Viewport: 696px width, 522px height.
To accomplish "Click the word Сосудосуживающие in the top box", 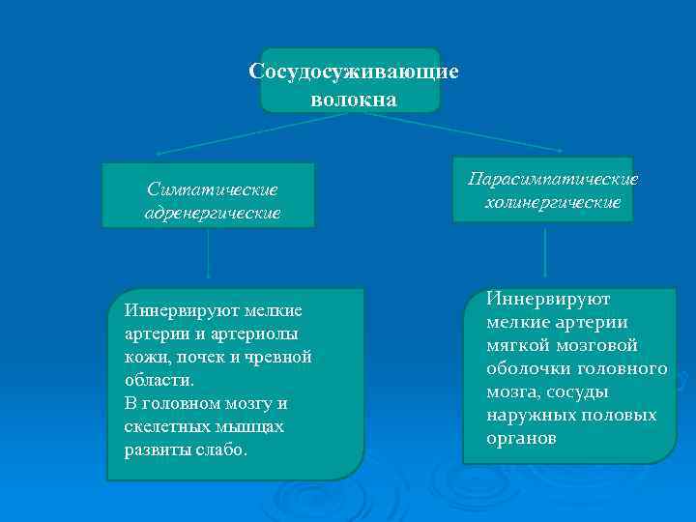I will pyautogui.click(x=353, y=72).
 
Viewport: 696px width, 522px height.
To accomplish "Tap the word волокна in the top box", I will pyautogui.click(x=354, y=100).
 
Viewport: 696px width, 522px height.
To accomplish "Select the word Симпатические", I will pyautogui.click(x=212, y=189).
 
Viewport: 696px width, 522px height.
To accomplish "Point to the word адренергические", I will pyautogui.click(x=212, y=213).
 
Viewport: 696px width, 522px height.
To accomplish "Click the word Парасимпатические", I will pyautogui.click(x=553, y=180).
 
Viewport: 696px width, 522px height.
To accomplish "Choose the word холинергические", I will pyautogui.click(x=553, y=204).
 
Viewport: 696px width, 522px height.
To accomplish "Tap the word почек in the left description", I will pyautogui.click(x=198, y=357).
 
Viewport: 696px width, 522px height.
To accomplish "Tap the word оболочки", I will pyautogui.click(x=524, y=368).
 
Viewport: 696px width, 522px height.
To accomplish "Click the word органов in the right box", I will pyautogui.click(x=522, y=438).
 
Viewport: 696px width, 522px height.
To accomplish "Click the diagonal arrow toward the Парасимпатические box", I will pyautogui.click(x=464, y=131).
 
